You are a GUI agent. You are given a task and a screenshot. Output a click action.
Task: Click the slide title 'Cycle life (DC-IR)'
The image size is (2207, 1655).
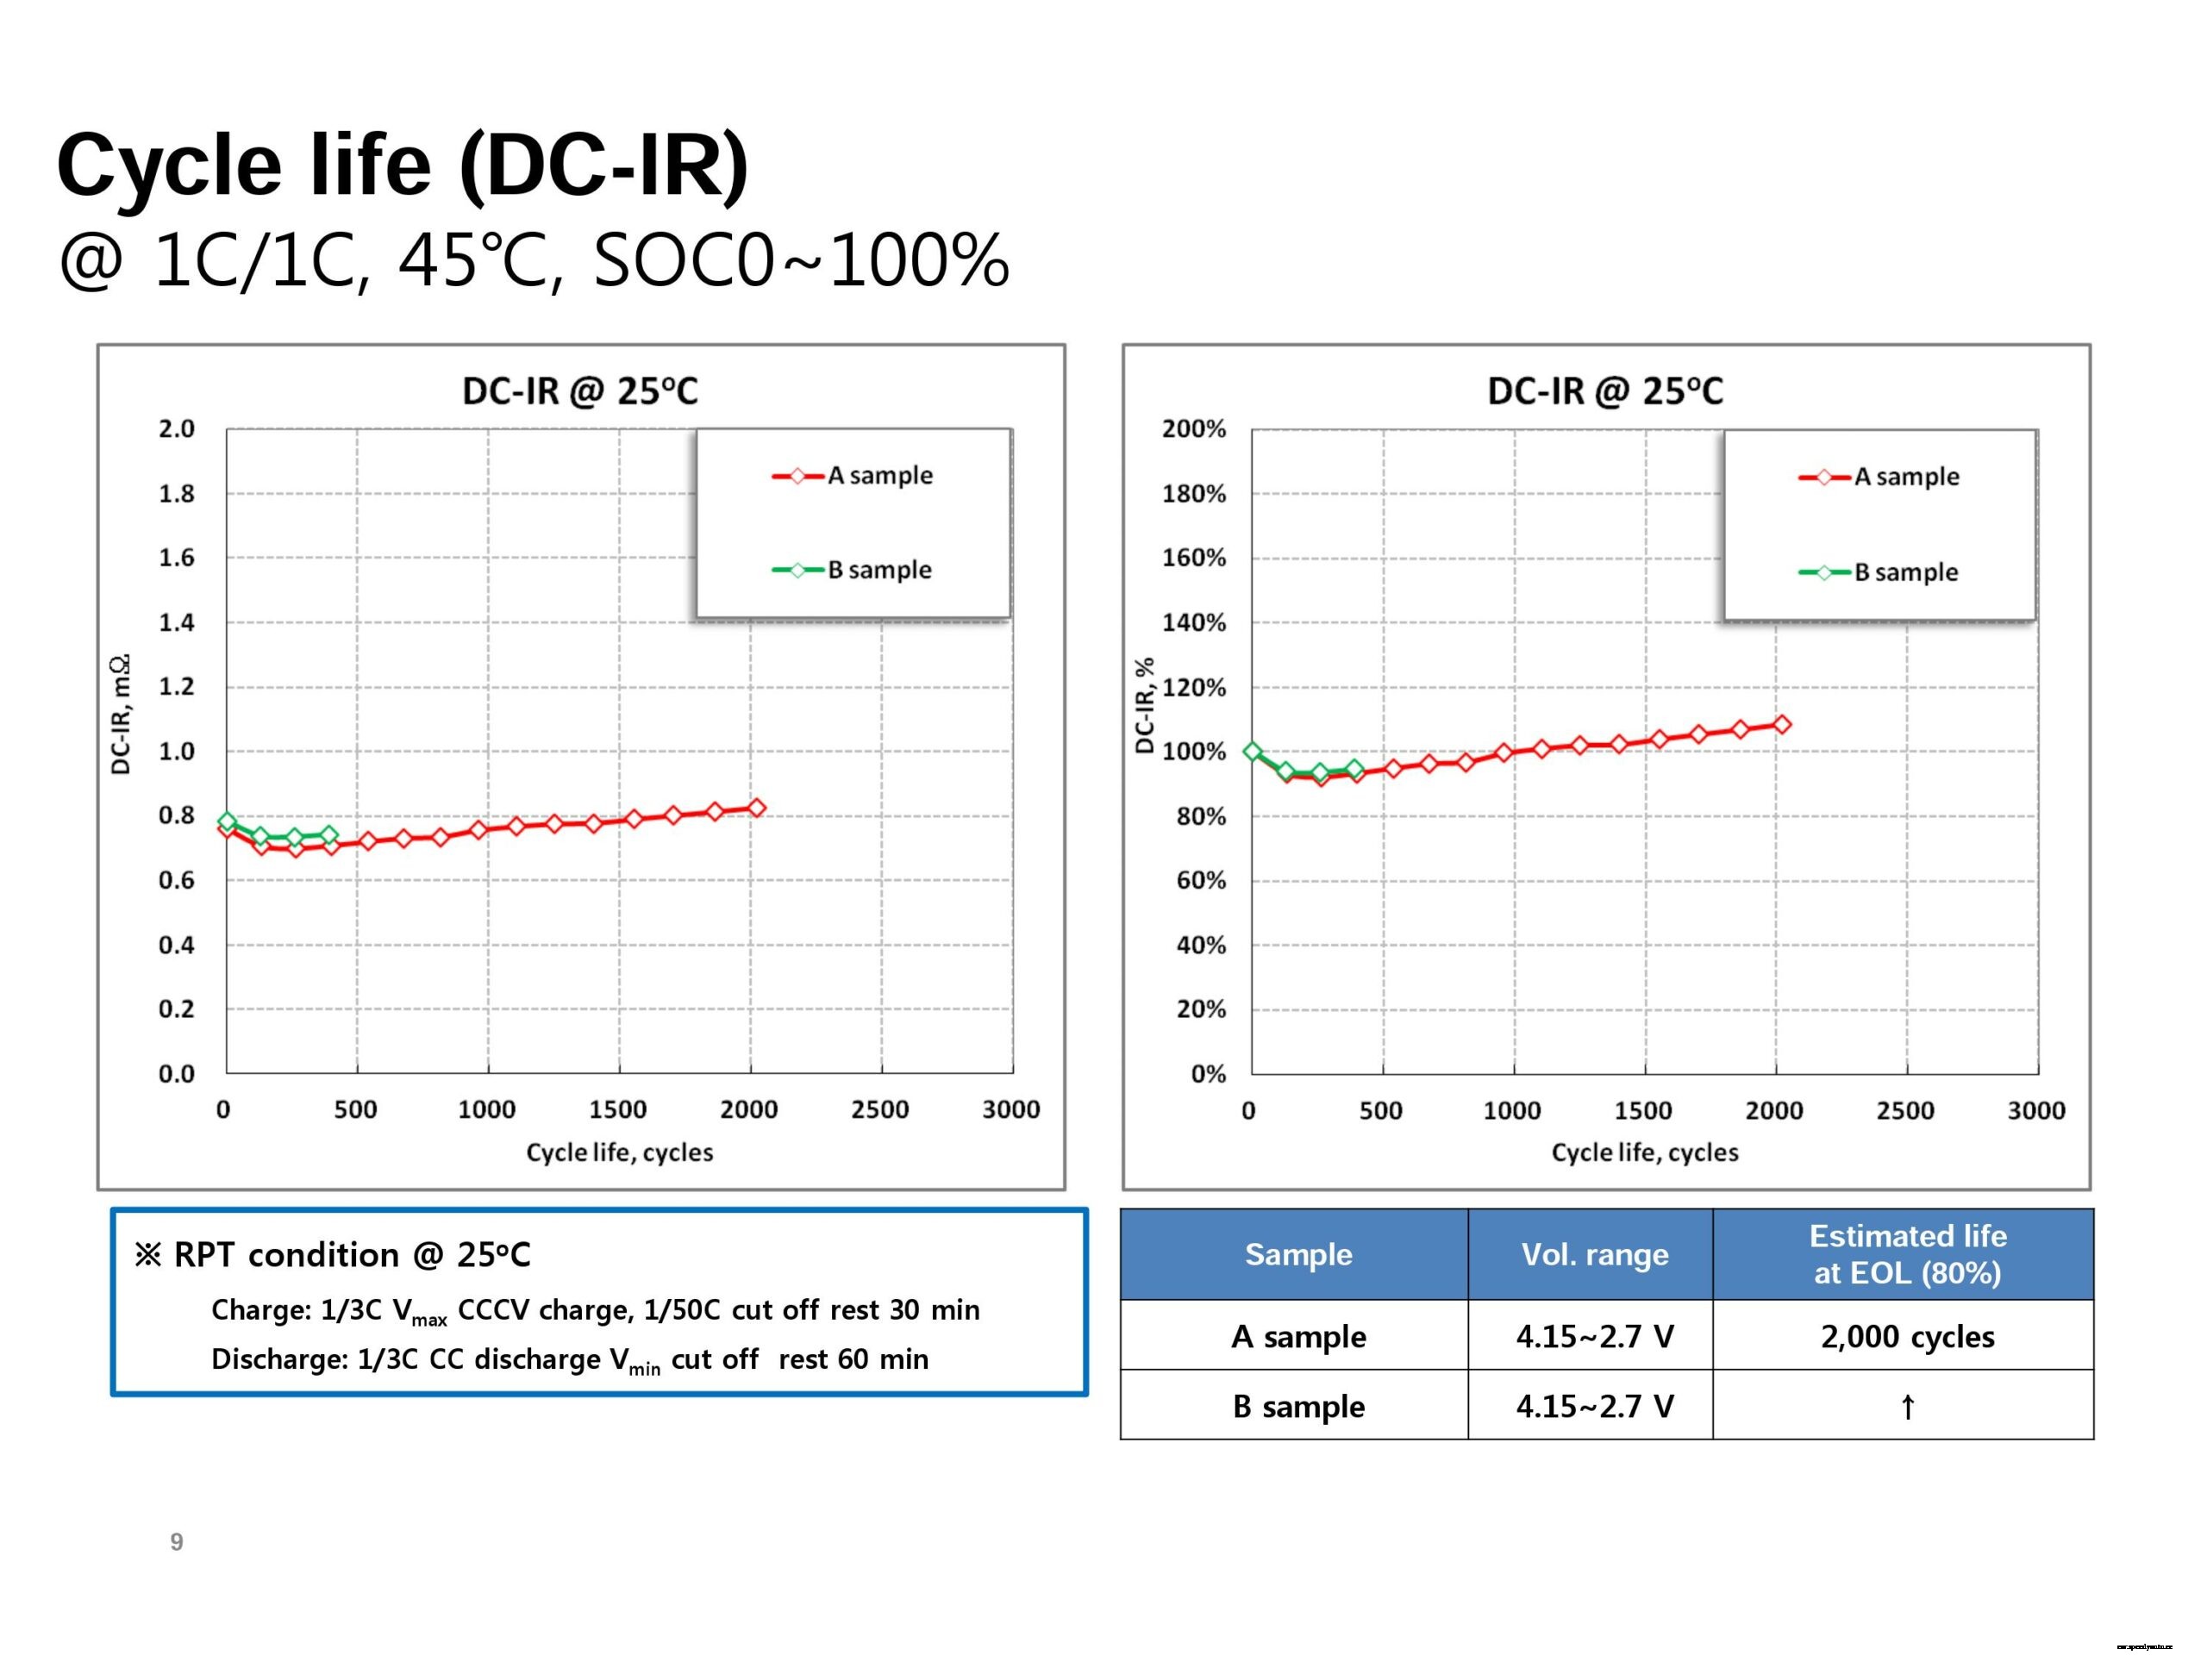402,165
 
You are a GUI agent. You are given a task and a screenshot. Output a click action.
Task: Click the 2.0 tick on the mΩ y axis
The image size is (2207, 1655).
177,429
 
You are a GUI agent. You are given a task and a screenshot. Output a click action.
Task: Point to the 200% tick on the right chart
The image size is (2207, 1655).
1193,429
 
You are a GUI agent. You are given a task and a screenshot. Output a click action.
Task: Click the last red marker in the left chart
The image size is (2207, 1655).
756,808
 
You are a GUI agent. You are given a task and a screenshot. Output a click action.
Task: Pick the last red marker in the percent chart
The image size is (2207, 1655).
1782,724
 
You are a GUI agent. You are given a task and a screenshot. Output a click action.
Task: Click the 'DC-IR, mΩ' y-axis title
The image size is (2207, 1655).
121,715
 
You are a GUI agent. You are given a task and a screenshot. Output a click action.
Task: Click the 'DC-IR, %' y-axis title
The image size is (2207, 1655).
1144,705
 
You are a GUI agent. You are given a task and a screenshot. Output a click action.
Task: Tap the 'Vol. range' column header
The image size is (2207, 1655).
1593,1254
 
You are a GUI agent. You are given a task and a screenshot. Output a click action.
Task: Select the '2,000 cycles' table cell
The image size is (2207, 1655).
1907,1336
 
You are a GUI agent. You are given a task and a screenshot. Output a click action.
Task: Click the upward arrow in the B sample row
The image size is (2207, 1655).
1907,1407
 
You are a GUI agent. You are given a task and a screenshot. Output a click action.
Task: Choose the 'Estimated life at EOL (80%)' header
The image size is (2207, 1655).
1907,1254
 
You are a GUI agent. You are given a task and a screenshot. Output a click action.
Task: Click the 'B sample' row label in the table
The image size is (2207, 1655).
1298,1406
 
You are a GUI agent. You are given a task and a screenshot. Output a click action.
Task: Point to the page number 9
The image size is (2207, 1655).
177,1541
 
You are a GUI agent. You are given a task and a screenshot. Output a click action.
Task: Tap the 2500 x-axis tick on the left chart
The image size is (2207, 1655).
879,1109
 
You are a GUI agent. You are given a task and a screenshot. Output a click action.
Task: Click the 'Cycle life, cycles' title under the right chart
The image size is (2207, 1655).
1644,1152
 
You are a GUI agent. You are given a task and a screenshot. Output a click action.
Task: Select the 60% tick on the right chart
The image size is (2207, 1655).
1201,880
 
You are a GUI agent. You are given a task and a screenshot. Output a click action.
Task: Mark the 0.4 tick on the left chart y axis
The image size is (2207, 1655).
177,945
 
